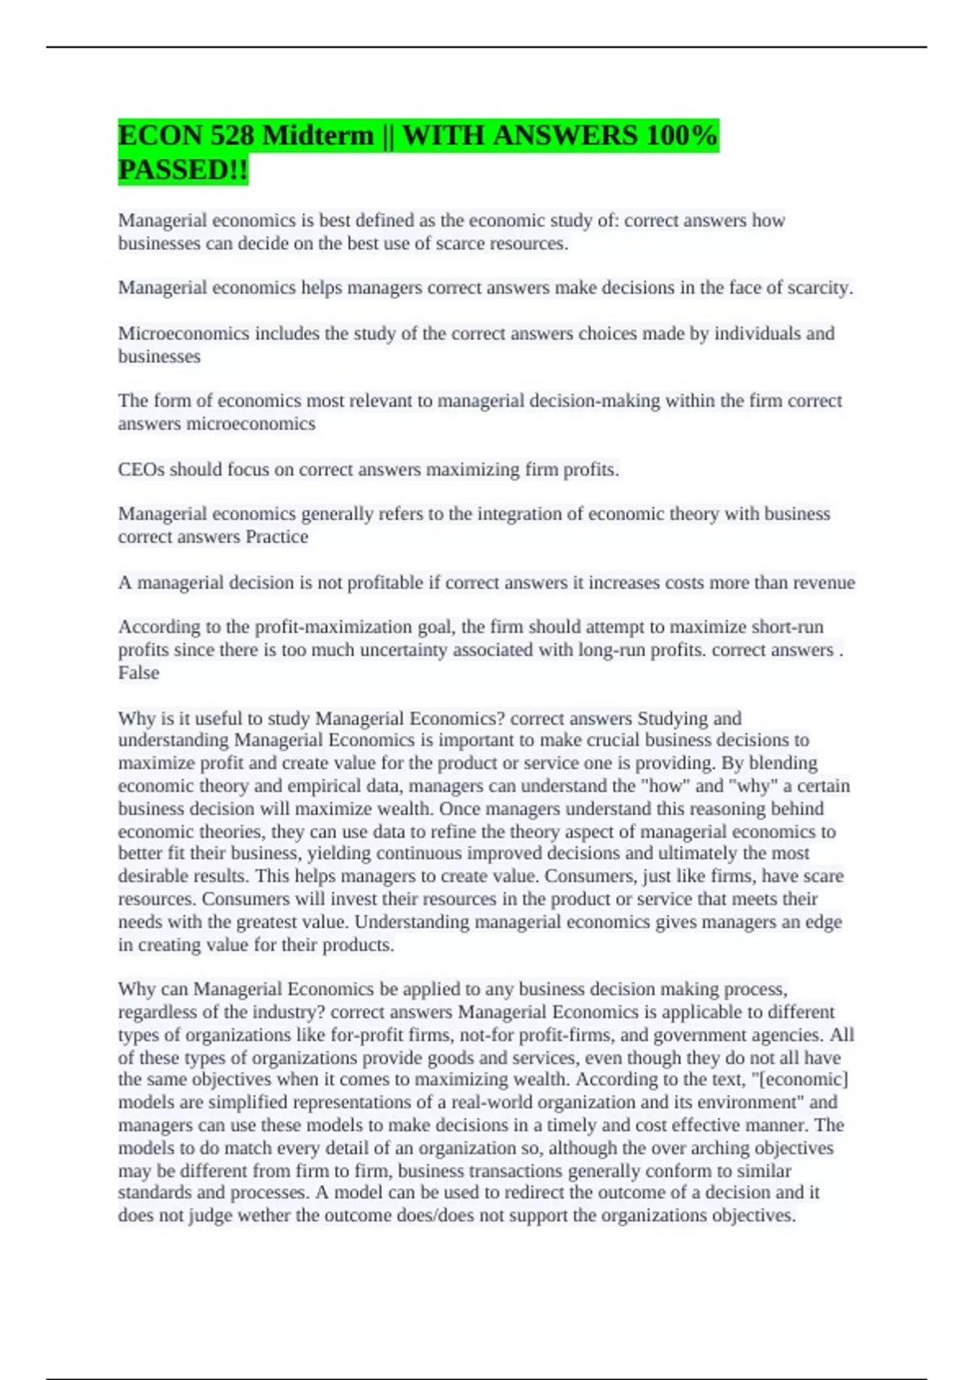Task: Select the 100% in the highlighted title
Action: (682, 136)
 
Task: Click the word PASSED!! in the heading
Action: (183, 170)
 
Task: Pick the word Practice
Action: (277, 537)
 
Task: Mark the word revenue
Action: (824, 583)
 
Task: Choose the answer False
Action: (139, 673)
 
